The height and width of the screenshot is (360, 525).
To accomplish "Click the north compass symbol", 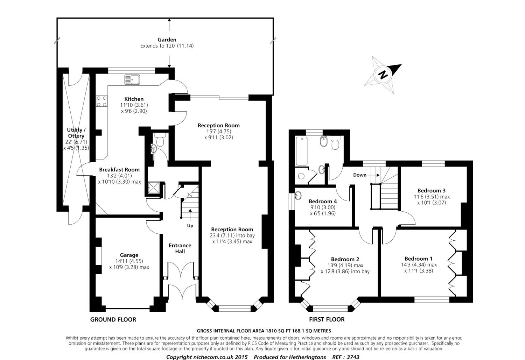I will pyautogui.click(x=383, y=75).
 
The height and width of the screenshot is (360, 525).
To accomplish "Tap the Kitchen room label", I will pyautogui.click(x=134, y=99).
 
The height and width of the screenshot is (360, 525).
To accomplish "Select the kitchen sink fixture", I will pyautogui.click(x=132, y=79).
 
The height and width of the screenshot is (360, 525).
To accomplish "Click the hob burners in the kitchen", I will pyautogui.click(x=101, y=101).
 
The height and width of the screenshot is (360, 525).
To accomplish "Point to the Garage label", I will pyautogui.click(x=129, y=255).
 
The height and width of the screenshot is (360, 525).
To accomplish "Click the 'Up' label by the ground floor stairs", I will pyautogui.click(x=190, y=226).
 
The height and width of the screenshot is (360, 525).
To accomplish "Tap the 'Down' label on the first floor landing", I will pyautogui.click(x=359, y=175).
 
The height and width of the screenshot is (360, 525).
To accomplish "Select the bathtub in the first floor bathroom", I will pyautogui.click(x=302, y=151).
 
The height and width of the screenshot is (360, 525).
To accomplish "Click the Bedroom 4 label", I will pyautogui.click(x=323, y=201).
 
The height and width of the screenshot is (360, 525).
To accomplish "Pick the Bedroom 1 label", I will pyautogui.click(x=419, y=259).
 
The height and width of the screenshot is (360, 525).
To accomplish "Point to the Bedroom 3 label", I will pyautogui.click(x=431, y=190).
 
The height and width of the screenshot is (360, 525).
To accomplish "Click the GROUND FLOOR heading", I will pyautogui.click(x=113, y=319).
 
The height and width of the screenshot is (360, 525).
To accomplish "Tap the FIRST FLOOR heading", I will pyautogui.click(x=327, y=319).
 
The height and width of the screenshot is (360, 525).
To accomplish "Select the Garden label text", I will pyautogui.click(x=167, y=40).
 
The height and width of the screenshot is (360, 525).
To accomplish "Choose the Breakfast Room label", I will pyautogui.click(x=119, y=170).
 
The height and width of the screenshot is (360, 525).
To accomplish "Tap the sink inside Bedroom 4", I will pyautogui.click(x=298, y=195).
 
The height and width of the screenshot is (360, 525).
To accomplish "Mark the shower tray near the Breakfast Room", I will pyautogui.click(x=154, y=188).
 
